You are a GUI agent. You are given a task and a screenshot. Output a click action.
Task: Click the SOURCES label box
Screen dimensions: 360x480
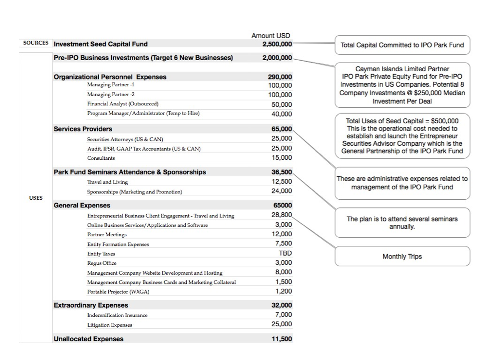point(36,43)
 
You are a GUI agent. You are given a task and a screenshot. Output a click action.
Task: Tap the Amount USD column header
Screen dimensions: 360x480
point(271,36)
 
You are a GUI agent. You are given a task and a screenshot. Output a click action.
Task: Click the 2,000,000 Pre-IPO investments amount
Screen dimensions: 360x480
point(277,58)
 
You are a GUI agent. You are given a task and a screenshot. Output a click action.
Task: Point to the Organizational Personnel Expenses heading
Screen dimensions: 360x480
point(110,77)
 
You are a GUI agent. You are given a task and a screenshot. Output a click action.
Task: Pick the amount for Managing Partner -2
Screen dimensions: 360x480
point(280,95)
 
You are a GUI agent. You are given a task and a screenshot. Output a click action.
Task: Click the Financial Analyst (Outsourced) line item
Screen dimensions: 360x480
point(123,104)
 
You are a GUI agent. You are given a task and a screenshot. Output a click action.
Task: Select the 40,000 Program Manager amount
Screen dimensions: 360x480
point(282,114)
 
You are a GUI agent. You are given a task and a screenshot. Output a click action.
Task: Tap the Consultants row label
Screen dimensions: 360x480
point(101,158)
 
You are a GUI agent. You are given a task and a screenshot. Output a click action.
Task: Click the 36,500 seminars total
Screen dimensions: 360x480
point(282,172)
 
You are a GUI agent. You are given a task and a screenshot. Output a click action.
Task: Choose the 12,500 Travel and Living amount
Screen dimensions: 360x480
point(282,181)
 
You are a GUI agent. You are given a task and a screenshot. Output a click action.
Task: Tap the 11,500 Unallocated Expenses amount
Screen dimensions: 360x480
point(282,339)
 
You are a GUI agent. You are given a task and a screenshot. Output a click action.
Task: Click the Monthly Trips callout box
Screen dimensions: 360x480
point(402,257)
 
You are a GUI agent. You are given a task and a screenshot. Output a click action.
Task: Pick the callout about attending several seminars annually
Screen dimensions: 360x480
point(402,222)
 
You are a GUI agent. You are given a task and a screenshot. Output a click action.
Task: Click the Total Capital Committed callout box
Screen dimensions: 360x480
point(402,45)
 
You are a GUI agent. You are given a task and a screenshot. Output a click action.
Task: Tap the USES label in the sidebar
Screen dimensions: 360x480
point(36,197)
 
